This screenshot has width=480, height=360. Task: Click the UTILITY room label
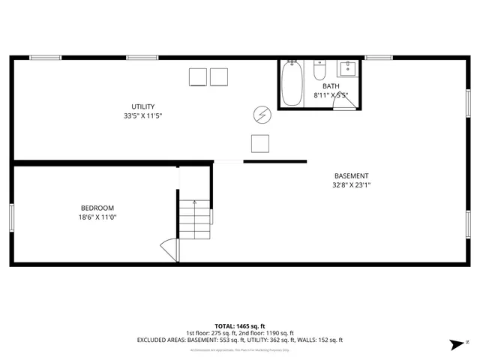[143, 106]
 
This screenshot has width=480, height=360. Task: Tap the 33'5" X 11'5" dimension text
[143, 116]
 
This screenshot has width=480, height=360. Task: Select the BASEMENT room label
[351, 176]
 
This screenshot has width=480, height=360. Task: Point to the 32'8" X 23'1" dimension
[352, 185]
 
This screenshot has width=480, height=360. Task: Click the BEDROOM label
[97, 208]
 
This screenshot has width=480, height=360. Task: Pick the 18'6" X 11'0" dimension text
[98, 217]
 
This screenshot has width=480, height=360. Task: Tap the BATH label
[331, 87]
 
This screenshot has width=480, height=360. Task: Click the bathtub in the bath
[291, 83]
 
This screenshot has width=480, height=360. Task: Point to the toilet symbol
[319, 70]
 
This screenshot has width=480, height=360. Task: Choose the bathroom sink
[347, 70]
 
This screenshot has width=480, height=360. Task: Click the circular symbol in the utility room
[262, 114]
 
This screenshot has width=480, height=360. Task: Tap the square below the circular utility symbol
[260, 142]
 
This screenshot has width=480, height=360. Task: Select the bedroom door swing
[169, 250]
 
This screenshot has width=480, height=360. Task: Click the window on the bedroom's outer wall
[11, 217]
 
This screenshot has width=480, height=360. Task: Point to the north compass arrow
[456, 344]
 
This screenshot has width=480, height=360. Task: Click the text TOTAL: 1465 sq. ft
[239, 326]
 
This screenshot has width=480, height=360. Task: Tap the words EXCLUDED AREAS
[161, 340]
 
